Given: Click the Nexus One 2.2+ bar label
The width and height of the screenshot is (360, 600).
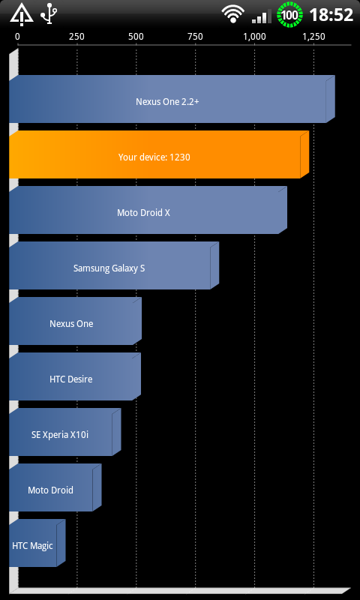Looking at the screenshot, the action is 167,102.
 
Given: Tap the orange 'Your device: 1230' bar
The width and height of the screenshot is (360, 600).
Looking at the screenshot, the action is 159,154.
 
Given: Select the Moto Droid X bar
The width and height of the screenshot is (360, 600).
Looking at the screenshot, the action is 148,210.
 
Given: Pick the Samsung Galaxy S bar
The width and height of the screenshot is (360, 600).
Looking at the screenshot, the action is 114,265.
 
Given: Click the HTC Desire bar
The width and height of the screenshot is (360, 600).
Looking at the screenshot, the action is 75,376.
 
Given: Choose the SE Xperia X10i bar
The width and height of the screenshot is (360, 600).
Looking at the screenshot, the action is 65,432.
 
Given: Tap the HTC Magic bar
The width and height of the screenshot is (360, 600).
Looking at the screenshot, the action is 37,543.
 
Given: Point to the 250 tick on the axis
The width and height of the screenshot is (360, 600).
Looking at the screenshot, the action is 77,37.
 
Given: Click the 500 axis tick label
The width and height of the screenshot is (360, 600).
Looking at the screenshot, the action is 136,37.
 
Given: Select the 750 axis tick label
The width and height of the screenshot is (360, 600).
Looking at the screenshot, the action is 196,37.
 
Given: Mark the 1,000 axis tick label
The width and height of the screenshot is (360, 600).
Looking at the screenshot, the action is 255,37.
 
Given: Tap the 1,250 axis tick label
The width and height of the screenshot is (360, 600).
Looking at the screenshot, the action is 314,37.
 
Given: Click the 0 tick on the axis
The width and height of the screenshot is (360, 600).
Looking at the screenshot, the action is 17,37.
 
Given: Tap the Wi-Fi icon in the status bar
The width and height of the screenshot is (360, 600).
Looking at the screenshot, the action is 232,14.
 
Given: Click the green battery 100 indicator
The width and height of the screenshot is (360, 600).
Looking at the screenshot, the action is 290,15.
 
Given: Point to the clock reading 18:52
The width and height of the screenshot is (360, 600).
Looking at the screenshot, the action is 331,15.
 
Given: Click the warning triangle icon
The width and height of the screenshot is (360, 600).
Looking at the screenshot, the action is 22,15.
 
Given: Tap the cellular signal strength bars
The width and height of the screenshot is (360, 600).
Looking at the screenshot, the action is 262,16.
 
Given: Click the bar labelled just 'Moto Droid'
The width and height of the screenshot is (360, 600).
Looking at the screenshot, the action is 55,487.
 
